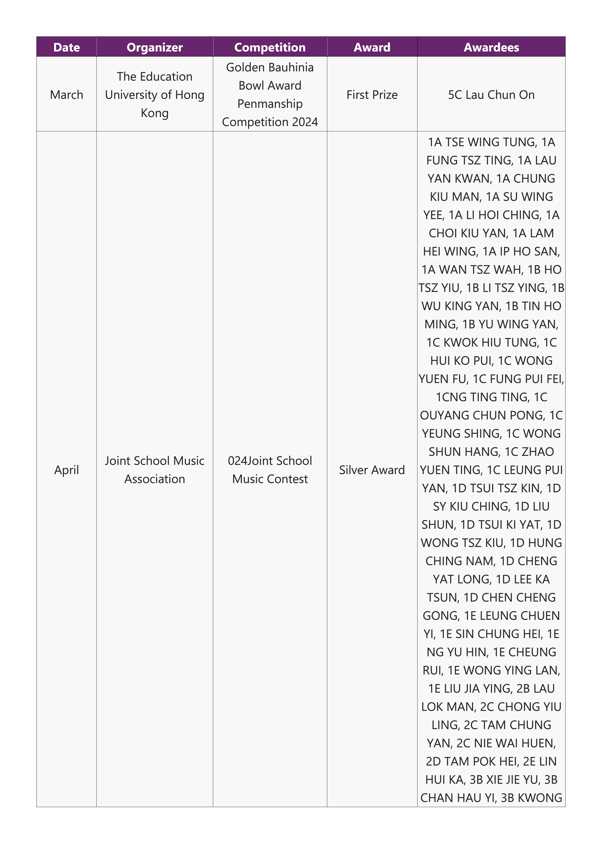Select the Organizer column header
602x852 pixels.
pyautogui.click(x=155, y=47)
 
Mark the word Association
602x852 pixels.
pyautogui.click(x=155, y=479)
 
